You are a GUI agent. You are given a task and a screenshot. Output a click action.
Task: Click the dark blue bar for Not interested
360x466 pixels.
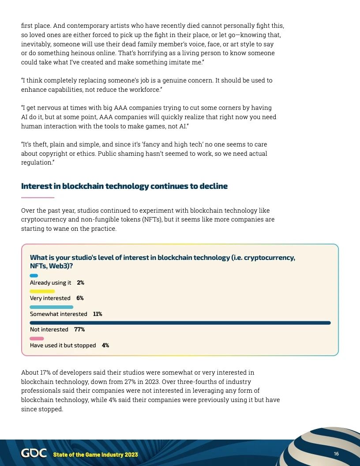(x=180, y=323)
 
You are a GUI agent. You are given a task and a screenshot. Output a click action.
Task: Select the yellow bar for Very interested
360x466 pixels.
(x=42, y=291)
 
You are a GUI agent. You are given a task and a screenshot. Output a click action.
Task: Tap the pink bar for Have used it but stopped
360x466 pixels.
(x=37, y=338)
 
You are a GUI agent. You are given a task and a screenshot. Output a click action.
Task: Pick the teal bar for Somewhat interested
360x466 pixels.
(x=51, y=307)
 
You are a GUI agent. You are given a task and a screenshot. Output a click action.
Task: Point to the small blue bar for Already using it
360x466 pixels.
(x=34, y=276)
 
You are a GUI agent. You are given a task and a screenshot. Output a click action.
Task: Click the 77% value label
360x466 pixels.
(x=79, y=330)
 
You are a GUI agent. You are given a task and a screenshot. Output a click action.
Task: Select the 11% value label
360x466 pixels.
(x=97, y=314)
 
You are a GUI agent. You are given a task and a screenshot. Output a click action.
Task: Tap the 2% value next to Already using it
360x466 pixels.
(x=80, y=283)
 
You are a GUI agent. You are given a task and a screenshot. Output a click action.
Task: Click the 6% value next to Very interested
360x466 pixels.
(x=80, y=298)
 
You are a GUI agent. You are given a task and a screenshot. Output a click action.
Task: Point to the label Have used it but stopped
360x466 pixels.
(x=63, y=346)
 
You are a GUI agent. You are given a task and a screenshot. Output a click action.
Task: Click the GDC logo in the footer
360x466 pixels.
(x=34, y=454)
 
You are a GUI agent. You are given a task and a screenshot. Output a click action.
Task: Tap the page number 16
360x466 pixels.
(x=336, y=454)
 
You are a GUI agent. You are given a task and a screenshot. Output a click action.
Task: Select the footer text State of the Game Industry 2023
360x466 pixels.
(x=95, y=455)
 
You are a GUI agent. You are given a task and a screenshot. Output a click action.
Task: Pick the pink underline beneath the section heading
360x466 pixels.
(x=37, y=197)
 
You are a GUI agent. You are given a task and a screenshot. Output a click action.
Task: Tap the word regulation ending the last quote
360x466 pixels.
(x=37, y=162)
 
